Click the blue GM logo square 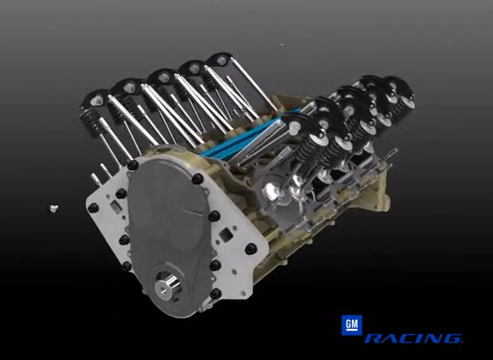(351, 325)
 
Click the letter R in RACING (375, 339)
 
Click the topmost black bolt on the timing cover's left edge (133, 166)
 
